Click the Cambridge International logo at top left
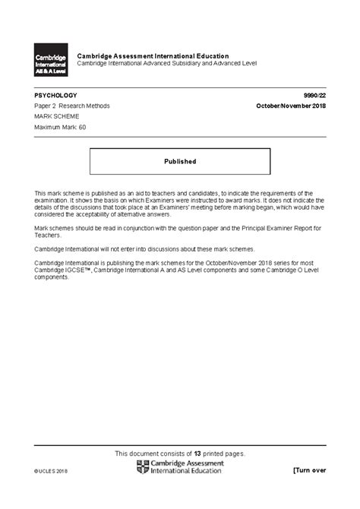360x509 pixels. [50, 61]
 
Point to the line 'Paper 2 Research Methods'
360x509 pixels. [72, 106]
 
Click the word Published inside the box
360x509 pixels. [180, 161]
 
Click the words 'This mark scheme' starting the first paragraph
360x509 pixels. [59, 194]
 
